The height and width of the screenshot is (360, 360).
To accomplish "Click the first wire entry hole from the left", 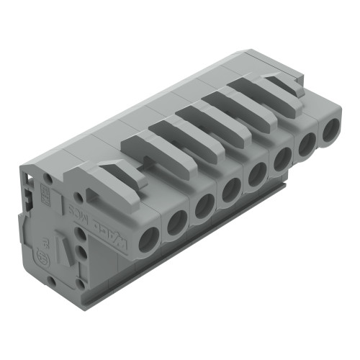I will tap(148, 240).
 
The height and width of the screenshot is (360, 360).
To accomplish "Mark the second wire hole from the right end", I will tap(307, 145).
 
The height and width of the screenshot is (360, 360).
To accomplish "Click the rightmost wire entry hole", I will tap(330, 132).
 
